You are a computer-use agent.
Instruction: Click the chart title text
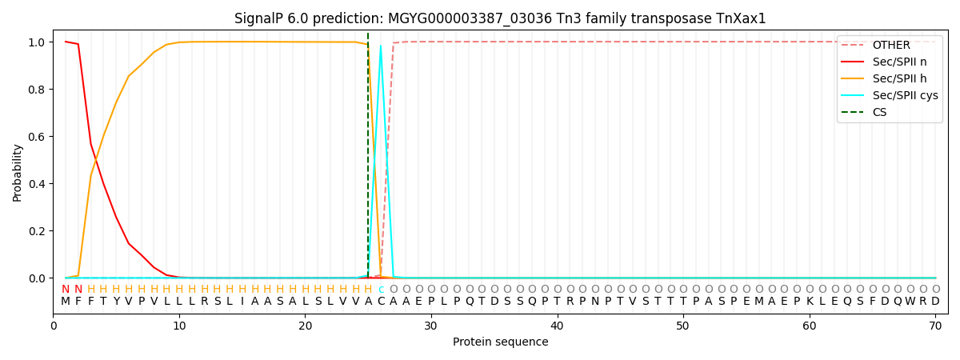(x=500, y=18)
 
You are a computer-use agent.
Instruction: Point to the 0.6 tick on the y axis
(x=39, y=137)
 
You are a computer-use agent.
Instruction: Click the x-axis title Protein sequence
(x=500, y=342)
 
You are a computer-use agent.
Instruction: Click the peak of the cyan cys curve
(x=381, y=45)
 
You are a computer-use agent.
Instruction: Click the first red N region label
(x=66, y=290)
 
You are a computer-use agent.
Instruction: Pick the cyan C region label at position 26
(x=381, y=290)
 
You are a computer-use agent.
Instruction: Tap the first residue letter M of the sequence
(x=66, y=302)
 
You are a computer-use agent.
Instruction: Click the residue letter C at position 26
(x=381, y=302)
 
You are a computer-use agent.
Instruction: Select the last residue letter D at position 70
(x=935, y=302)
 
